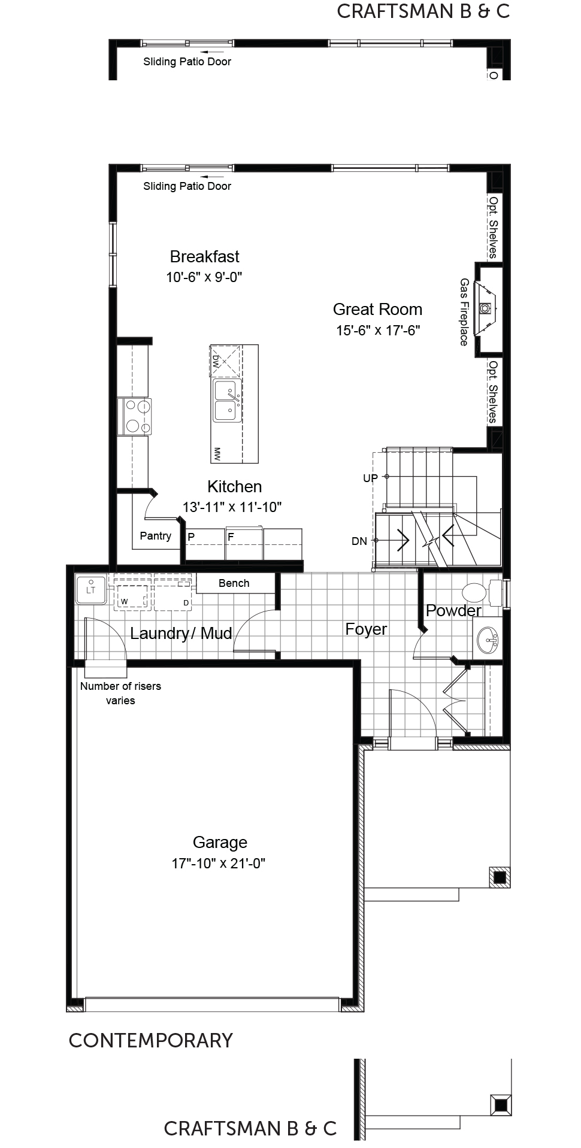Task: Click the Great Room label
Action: point(377,310)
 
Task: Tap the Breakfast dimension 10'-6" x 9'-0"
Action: point(204,277)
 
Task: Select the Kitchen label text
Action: point(234,486)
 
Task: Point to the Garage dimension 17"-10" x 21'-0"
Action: point(219,863)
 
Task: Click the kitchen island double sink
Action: point(228,401)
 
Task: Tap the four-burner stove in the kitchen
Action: point(137,417)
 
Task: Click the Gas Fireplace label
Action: point(464,311)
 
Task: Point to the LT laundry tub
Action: point(91,588)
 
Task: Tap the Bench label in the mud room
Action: point(234,583)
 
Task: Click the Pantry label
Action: point(156,536)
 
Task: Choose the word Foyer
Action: point(366,629)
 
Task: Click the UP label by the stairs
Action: point(371,478)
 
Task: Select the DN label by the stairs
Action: point(359,541)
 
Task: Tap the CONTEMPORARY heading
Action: point(151,1040)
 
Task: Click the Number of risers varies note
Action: point(120,693)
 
